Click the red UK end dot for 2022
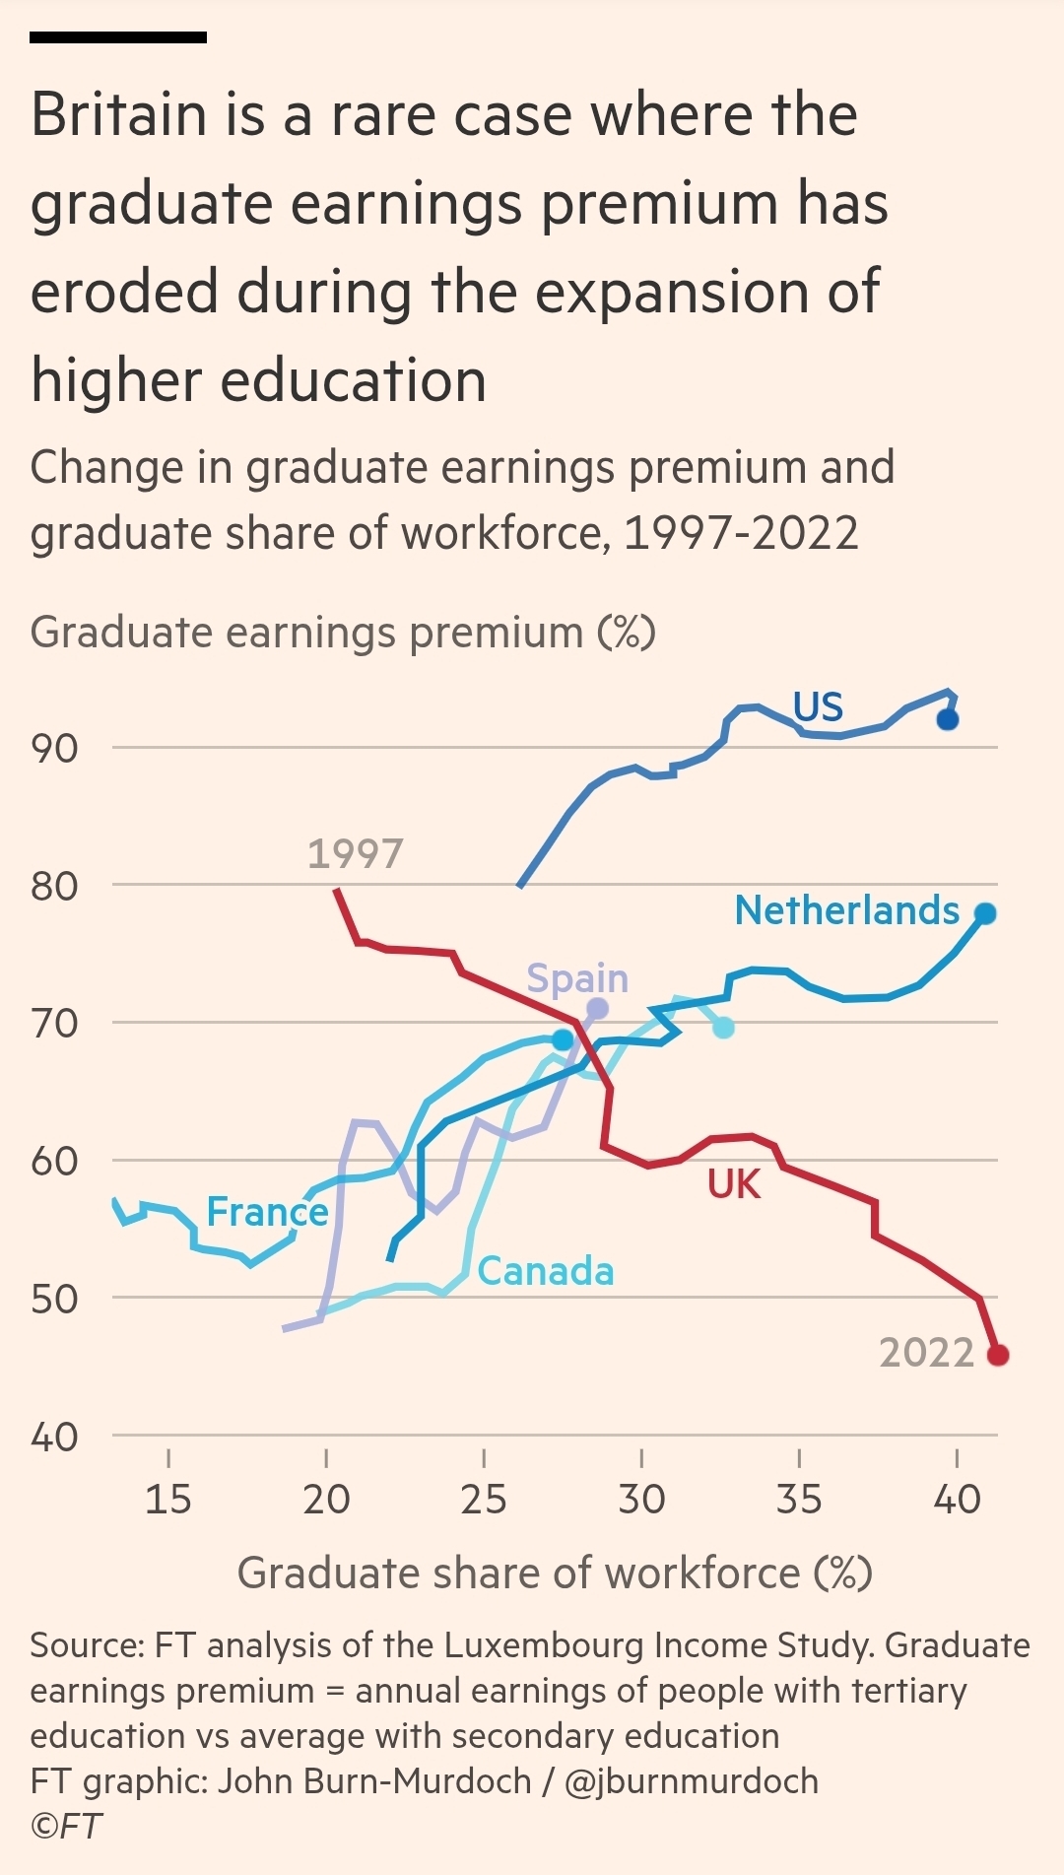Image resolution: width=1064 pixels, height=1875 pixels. [x=997, y=1355]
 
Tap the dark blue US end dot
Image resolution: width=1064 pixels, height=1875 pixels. [x=947, y=719]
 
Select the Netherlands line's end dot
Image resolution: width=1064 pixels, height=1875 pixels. [x=985, y=914]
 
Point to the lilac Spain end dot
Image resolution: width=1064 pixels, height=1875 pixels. [x=597, y=1009]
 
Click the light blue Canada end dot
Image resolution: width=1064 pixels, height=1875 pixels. [x=723, y=1028]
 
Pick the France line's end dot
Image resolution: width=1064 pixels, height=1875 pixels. [x=563, y=1039]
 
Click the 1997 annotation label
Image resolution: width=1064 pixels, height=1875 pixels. [x=355, y=854]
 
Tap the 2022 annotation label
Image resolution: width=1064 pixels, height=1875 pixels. [x=926, y=1353]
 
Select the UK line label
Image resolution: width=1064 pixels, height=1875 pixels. [x=734, y=1184]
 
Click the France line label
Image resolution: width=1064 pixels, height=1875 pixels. [x=267, y=1212]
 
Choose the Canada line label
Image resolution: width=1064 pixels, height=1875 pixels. [x=545, y=1271]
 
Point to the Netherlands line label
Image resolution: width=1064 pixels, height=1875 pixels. [x=846, y=910]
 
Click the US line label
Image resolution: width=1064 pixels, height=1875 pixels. [x=818, y=707]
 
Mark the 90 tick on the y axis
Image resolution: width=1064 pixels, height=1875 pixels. [x=54, y=749]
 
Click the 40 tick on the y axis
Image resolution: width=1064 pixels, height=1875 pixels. [x=54, y=1438]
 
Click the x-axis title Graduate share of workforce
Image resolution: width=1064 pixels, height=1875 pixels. [x=555, y=1574]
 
